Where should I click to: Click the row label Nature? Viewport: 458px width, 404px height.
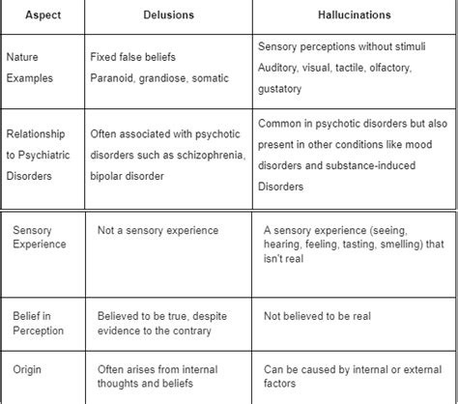pos(25,57)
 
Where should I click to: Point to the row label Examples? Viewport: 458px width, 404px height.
pos(30,77)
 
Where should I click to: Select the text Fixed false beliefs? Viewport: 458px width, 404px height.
pos(136,57)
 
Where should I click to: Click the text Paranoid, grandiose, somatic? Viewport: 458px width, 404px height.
pos(160,77)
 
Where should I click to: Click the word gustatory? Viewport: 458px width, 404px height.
pos(280,89)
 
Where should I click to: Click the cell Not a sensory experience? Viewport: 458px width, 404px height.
pos(158,230)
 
